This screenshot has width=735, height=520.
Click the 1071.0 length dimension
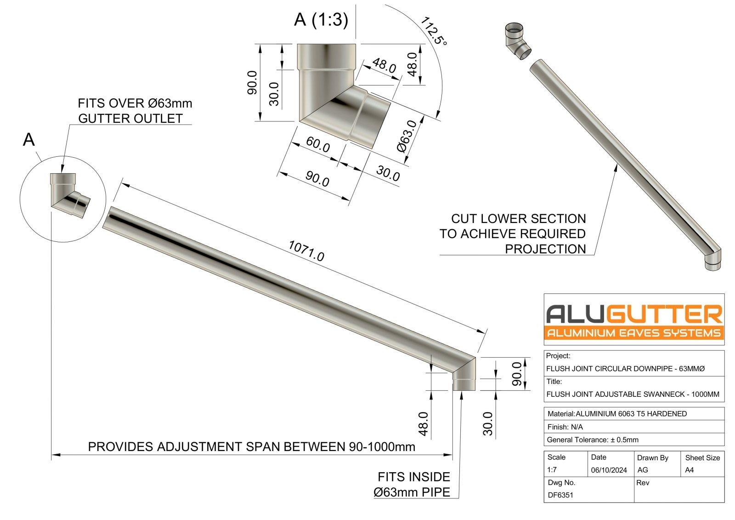pos(306,251)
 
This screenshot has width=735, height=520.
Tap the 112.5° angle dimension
pos(433,31)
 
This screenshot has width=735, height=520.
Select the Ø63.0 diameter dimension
pos(407,136)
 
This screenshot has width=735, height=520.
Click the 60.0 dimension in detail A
pos(318,144)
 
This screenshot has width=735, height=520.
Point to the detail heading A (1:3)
pos(321,20)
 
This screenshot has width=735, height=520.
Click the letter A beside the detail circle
pos(28,139)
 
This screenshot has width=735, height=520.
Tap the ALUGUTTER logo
pos(634,320)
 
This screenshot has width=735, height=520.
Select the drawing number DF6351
pos(560,495)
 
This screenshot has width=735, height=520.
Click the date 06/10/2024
pos(609,470)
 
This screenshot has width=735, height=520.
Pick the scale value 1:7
pos(552,470)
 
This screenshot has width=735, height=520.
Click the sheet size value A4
pos(689,470)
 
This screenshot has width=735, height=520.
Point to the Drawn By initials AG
pos(642,470)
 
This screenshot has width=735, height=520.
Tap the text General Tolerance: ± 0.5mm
pos(592,440)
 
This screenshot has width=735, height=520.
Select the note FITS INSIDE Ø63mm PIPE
pos(413,485)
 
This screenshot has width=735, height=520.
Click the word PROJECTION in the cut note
pos(545,249)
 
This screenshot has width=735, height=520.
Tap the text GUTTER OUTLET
pos(130,119)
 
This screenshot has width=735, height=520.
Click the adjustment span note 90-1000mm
pos(251,447)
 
